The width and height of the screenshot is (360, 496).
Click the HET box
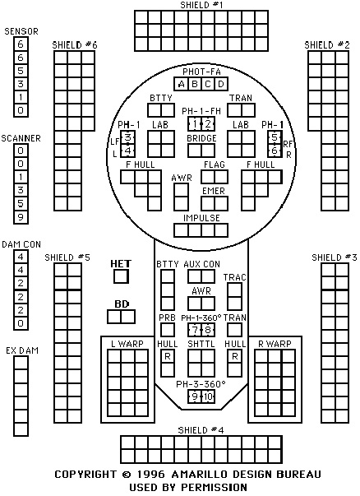(x=121, y=276)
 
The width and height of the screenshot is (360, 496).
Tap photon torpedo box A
(x=181, y=84)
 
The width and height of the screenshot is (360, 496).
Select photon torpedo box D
(x=221, y=84)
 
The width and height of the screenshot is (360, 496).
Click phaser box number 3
(x=127, y=137)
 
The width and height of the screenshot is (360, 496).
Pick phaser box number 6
(x=275, y=151)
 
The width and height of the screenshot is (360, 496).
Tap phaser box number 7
(x=195, y=330)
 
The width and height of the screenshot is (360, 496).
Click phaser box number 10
(x=208, y=396)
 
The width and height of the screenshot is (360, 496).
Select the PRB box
(x=167, y=330)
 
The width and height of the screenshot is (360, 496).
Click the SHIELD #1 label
(x=201, y=5)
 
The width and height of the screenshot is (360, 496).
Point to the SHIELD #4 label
(x=201, y=430)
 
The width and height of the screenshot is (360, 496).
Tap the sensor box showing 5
(x=21, y=71)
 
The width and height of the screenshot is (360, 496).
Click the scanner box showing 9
(x=21, y=217)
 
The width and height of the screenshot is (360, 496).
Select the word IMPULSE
(x=201, y=218)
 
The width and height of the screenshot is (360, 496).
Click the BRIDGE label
(x=201, y=138)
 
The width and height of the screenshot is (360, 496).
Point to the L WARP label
(x=127, y=344)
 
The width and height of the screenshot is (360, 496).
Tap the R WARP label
(x=275, y=344)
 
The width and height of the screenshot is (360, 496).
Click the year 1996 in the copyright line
(x=150, y=474)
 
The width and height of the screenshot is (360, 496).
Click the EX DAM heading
(x=22, y=350)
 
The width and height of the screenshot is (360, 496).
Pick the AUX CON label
(x=201, y=264)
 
